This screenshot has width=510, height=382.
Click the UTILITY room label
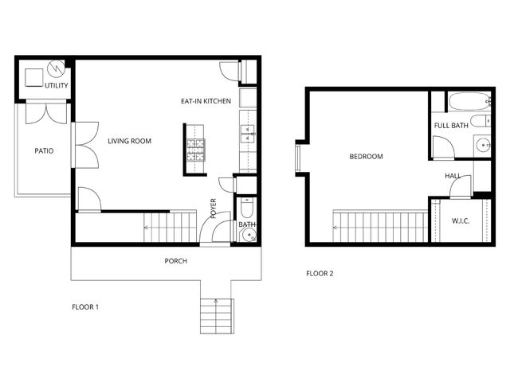click(57, 85)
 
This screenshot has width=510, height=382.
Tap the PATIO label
click(44, 150)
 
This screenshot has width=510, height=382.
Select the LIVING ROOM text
click(129, 141)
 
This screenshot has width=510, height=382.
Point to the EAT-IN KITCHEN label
click(206, 101)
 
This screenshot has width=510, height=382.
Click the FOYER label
click(214, 209)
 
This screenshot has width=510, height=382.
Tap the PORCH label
click(175, 261)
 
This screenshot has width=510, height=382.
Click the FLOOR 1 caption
click(85, 306)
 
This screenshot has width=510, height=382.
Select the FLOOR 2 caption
click(320, 274)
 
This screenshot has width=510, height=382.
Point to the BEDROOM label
click(366, 157)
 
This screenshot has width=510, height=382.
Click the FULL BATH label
click(451, 126)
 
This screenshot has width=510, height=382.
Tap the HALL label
click(453, 176)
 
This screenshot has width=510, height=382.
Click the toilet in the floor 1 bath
click(246, 209)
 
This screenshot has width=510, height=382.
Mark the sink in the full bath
click(483, 145)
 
